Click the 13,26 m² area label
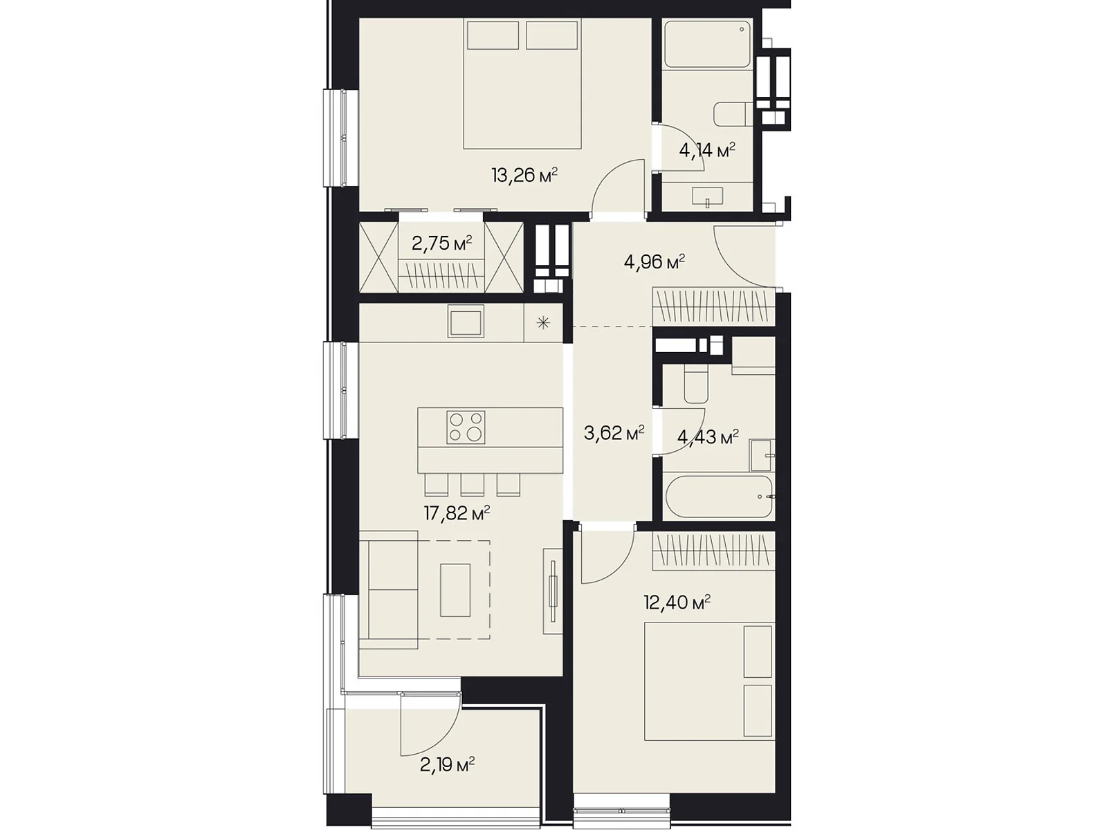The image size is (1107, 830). pos(524,176)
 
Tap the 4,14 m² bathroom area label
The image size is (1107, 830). pos(707,149)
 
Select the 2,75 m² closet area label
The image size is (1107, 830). pos(442,243)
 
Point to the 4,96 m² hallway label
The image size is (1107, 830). pos(654,262)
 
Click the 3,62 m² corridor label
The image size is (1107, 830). pos(614,433)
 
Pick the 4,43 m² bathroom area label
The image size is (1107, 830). pos(708,437)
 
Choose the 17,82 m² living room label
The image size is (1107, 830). pos(457,513)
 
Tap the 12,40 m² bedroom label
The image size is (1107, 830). pos(677,602)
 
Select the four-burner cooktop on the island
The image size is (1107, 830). pos(466,427)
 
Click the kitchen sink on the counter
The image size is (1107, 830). pos(466,322)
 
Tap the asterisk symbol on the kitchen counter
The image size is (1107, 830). pos(543,322)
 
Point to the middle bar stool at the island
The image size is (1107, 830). pos(472,485)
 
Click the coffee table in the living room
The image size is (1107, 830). pos(455,589)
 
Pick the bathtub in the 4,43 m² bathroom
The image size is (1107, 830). pos(719,497)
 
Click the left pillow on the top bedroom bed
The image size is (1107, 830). pos(493,35)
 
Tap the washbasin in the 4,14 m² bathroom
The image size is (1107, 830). pos(707,196)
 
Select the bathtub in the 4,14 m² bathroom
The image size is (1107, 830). pos(707,44)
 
